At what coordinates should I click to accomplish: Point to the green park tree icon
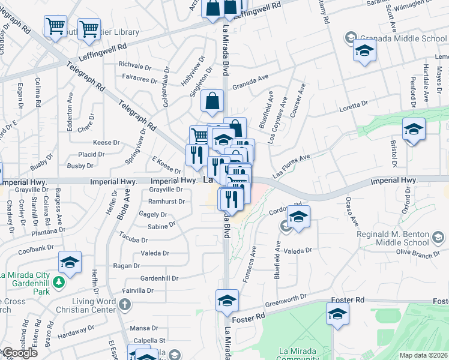click(x=59, y=281)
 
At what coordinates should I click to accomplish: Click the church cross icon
click(x=125, y=305)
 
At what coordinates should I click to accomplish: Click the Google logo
click(x=20, y=353)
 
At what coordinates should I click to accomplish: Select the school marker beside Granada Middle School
click(x=364, y=52)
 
